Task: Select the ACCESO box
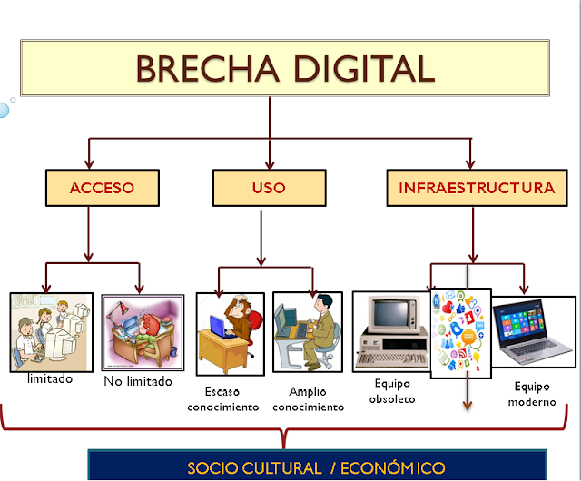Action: (102, 188)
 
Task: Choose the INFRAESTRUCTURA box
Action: (476, 188)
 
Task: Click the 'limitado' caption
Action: (50, 378)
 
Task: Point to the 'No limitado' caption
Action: (138, 381)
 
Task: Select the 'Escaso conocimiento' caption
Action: (223, 399)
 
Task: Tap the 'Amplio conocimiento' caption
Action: (309, 399)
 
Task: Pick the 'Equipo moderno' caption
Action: (532, 394)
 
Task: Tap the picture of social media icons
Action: (460, 333)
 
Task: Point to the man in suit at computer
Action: (308, 333)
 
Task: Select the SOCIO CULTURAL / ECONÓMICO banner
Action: (316, 467)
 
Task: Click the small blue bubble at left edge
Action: (4, 110)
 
